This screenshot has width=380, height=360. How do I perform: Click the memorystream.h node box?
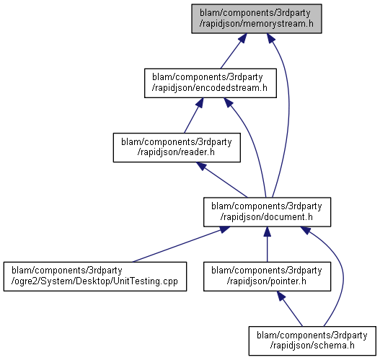[x=257, y=19]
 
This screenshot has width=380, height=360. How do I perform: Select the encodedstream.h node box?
[x=211, y=83]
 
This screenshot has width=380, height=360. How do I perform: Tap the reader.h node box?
[x=177, y=147]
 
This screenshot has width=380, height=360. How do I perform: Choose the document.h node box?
[x=267, y=212]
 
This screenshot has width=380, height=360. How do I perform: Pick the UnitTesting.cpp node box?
[x=95, y=276]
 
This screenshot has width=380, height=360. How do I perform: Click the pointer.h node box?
[x=267, y=276]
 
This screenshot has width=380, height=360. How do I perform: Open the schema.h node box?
[x=312, y=341]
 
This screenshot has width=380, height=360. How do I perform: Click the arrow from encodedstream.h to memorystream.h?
[x=234, y=51]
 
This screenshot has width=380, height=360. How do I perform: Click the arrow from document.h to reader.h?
[x=222, y=180]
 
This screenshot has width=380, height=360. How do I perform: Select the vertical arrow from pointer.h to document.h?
[x=267, y=245]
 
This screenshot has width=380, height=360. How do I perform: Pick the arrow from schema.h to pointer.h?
[x=290, y=309]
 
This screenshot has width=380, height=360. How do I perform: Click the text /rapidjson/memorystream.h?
[x=257, y=24]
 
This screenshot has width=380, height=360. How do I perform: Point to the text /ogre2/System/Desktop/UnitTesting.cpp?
[x=94, y=281]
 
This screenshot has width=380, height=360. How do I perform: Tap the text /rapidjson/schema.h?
[x=312, y=346]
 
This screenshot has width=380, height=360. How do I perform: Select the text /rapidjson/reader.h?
[x=176, y=152]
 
